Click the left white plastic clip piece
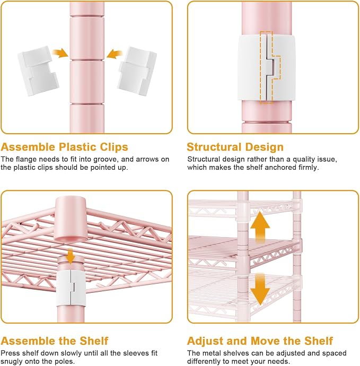pos(38,71)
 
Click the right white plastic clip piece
pos(137,71)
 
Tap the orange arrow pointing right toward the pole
pos(60,53)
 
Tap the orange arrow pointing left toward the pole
pos(115,54)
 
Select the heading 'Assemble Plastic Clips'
pos(64,147)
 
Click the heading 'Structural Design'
pos(235,147)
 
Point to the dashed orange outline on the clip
pos(270,67)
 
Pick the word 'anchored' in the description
pos(280,168)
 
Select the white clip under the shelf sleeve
pos(71,288)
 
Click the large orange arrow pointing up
pos(260,227)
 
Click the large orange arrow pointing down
pos(260,289)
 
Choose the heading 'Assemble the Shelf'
pos(55,341)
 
